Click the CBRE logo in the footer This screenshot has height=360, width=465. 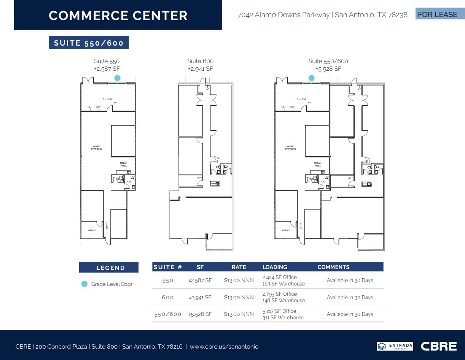click(x=438, y=346)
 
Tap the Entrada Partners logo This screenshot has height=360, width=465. click(x=395, y=346)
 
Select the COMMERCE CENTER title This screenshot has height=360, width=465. click(x=118, y=16)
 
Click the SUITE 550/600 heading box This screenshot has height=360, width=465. click(x=89, y=43)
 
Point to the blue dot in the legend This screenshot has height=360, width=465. click(x=84, y=284)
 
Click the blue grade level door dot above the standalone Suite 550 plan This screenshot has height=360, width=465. click(x=118, y=78)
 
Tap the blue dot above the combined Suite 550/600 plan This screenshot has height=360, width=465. click(x=311, y=78)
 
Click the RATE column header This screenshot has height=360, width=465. click(x=239, y=267)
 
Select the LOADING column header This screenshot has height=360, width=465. click(x=275, y=267)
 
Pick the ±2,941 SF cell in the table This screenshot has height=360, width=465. click(x=200, y=297)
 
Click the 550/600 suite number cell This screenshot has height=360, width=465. click(x=168, y=314)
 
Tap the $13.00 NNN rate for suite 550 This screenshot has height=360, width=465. click(x=239, y=281)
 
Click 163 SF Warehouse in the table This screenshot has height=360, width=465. click(x=283, y=284)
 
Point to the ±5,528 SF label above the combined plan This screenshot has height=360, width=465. click(x=328, y=69)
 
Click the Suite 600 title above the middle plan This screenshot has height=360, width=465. click(x=200, y=61)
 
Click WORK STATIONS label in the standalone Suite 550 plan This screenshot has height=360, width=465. click(x=96, y=147)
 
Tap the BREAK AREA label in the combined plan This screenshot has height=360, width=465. click(x=317, y=164)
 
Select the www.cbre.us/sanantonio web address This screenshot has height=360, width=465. click(x=224, y=347)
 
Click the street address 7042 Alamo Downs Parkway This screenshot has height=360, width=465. click(x=283, y=15)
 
